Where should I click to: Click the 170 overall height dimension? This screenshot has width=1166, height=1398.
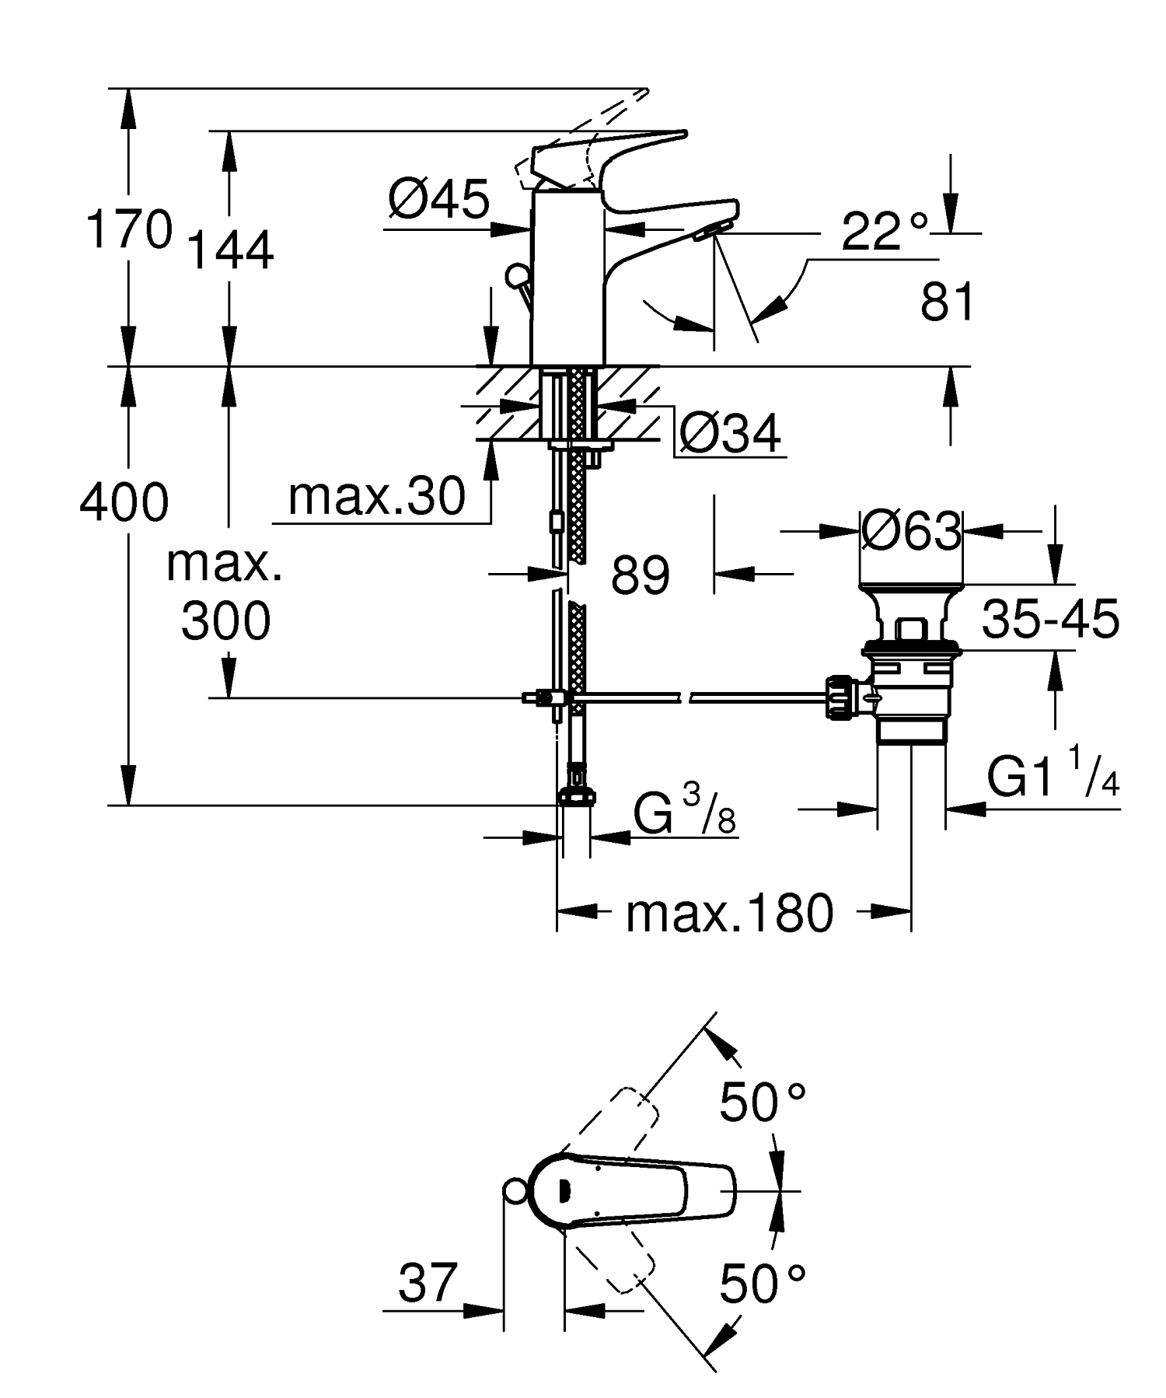click(x=128, y=229)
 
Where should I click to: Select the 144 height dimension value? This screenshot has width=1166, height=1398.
click(x=231, y=250)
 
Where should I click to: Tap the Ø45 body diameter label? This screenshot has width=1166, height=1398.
click(x=438, y=200)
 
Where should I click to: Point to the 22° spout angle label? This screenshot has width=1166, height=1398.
click(x=885, y=232)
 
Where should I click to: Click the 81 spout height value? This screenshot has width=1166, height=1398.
click(x=947, y=302)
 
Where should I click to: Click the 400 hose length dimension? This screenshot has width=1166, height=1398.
click(x=124, y=502)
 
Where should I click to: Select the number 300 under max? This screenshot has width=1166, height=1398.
click(x=225, y=620)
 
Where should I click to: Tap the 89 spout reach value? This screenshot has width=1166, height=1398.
click(x=640, y=576)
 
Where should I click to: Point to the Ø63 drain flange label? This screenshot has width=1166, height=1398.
click(x=910, y=533)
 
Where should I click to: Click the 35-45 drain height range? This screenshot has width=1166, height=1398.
click(x=1050, y=620)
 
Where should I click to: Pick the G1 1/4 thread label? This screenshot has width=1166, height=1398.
click(x=1053, y=777)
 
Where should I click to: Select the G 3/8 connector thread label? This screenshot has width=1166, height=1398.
click(x=683, y=813)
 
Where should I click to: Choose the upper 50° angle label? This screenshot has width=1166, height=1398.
click(x=762, y=1103)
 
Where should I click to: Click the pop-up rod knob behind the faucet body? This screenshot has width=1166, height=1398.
click(x=516, y=275)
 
